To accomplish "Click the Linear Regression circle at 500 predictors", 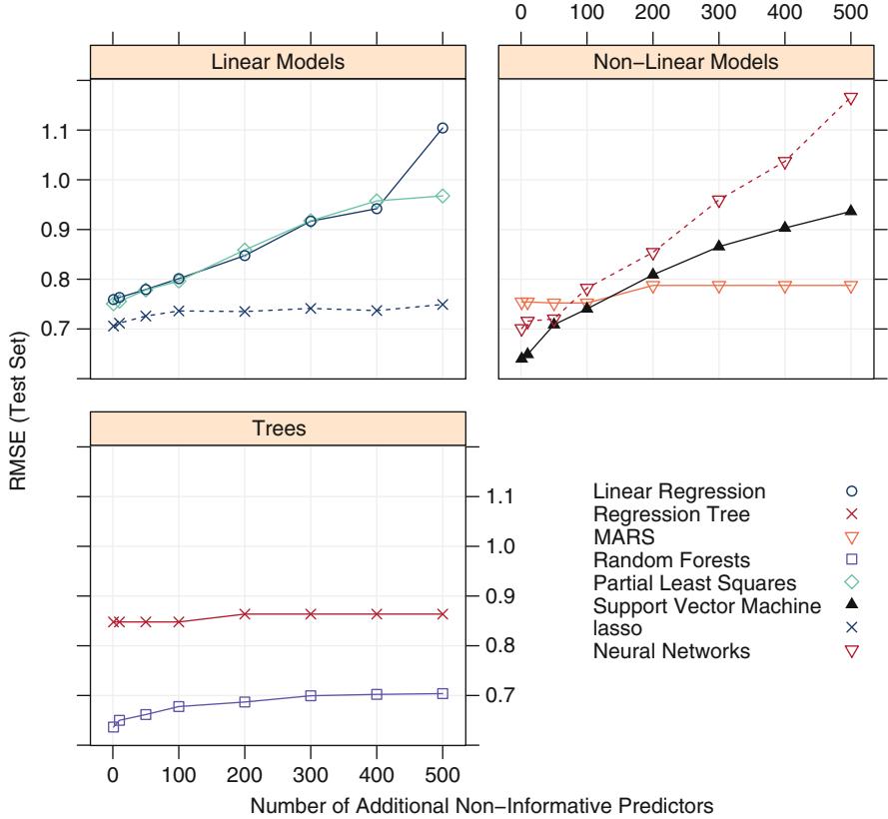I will tap(443, 128).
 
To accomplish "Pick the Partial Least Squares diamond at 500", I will tap(443, 196).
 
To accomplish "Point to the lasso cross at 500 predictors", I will tap(443, 305).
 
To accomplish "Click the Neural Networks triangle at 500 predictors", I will tap(850, 99).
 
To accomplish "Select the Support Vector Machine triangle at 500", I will tap(850, 210).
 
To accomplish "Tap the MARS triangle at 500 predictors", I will tap(850, 287).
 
